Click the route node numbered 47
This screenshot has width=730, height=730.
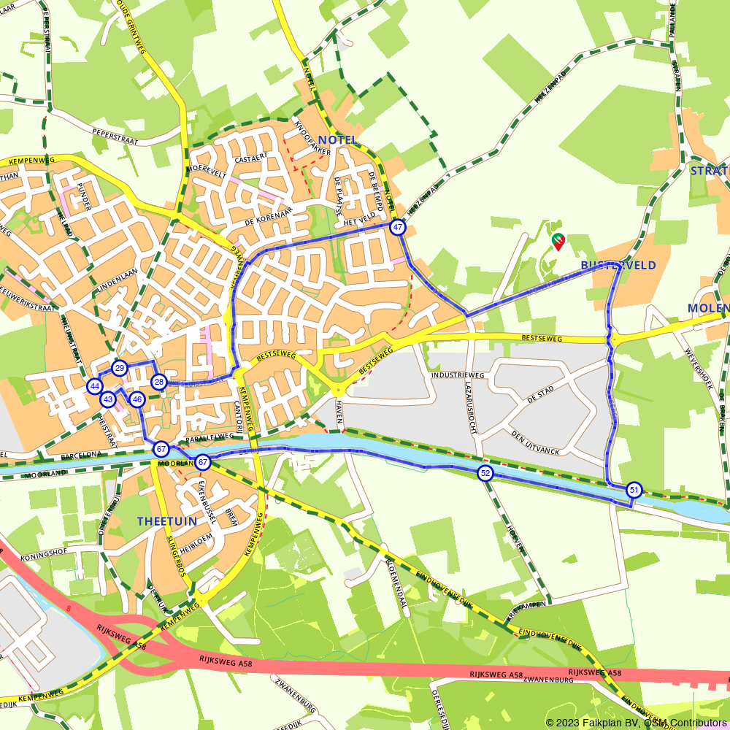397,228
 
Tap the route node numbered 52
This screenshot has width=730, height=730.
485,473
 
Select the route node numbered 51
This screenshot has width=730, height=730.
634,491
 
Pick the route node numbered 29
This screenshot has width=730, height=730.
120,368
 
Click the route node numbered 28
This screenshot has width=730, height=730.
158,382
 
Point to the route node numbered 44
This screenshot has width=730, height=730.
94,386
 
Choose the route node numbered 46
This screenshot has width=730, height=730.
137,399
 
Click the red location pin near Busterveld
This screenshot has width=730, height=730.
558,241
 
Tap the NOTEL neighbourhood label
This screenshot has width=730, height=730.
338,139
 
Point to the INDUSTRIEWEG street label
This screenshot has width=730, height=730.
458,374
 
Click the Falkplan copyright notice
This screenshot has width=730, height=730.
636,723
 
